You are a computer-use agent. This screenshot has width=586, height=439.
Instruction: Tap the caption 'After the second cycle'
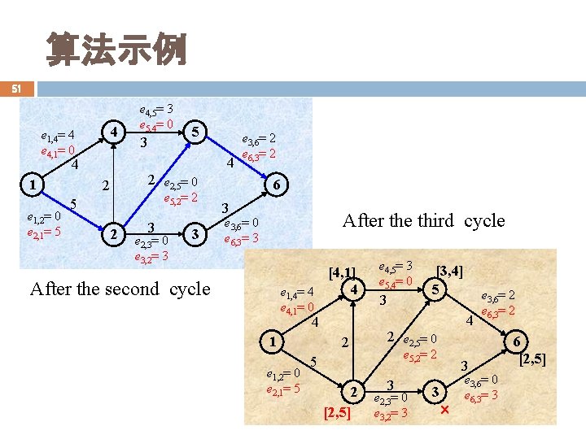(120, 289)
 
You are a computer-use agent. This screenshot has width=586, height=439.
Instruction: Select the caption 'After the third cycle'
(423, 221)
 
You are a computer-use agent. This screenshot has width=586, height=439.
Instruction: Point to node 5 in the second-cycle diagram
(193, 132)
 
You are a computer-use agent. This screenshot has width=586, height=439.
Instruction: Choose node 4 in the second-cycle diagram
(116, 132)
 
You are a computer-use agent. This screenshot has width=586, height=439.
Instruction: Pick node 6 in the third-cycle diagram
(516, 341)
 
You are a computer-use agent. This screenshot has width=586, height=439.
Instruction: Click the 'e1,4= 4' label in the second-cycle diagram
(58, 135)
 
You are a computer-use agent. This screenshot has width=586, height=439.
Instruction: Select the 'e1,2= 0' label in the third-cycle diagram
(284, 374)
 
